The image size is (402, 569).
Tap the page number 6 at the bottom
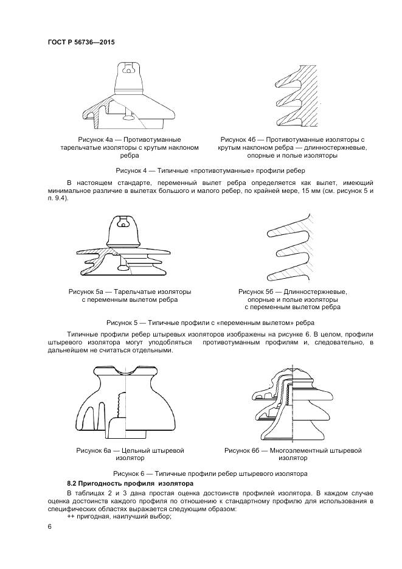click(49, 526)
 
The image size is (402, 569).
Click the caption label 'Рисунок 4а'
click(88, 139)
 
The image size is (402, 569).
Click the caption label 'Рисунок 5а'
click(87, 291)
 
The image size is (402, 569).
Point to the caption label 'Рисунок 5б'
click(257, 291)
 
